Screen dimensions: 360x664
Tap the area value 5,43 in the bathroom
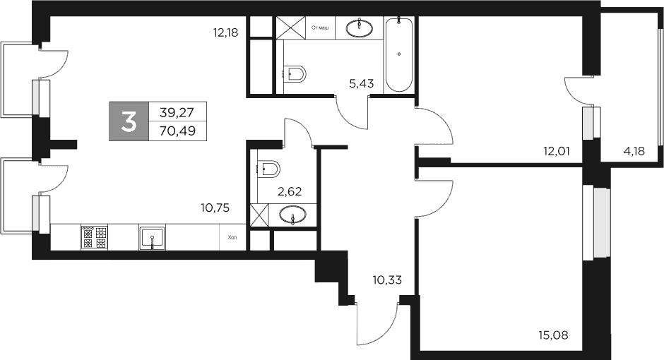point(361,83)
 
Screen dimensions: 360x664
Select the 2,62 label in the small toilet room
point(289,190)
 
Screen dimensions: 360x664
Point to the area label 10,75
point(216,208)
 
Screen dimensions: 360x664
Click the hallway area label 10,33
point(386,280)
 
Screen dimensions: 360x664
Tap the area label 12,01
point(557,150)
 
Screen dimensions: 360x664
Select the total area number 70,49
point(177,130)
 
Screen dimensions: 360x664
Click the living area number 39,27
point(177,112)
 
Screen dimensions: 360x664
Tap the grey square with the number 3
point(129,121)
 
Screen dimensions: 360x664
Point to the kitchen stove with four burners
point(94,236)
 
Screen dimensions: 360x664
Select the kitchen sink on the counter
point(153,236)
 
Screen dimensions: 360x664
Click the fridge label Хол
point(232,238)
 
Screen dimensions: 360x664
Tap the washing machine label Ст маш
point(319,28)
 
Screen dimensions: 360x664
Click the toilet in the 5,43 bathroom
point(296,72)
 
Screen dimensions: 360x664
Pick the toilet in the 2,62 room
point(269,169)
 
